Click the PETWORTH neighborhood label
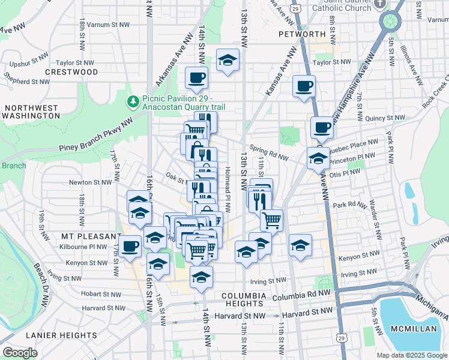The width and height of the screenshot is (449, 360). tap(302, 34)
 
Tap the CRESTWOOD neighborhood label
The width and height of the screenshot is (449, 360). tap(75, 72)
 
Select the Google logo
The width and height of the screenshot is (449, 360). tap(20, 353)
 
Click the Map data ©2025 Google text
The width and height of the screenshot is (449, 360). tap(411, 355)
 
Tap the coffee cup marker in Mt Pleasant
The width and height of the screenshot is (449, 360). tap(130, 245)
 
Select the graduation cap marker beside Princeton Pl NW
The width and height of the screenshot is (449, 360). tap(318, 158)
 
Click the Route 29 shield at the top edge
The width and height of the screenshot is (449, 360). tap(295, 8)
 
